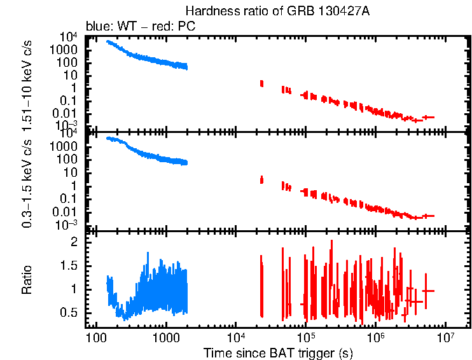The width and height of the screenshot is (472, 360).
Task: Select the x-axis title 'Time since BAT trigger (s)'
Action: pos(278,352)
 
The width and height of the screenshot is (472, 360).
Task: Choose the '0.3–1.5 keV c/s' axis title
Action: pos(27,181)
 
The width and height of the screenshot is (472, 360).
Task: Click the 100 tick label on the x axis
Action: pos(96,337)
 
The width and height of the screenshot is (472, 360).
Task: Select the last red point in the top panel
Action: pos(428,117)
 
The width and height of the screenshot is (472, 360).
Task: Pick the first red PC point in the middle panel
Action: pos(261,180)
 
